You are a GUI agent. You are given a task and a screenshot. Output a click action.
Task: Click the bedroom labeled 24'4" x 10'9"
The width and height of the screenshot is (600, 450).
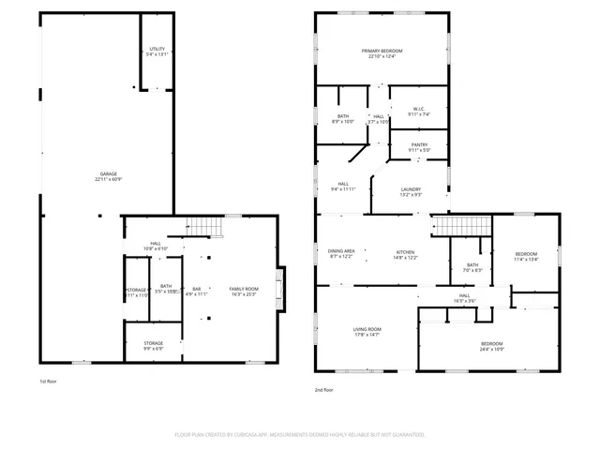click(492, 346)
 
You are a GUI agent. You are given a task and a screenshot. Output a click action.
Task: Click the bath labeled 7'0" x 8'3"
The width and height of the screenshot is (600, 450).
click(472, 268)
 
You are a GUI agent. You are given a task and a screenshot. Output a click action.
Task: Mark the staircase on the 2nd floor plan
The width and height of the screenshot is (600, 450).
click(460, 225)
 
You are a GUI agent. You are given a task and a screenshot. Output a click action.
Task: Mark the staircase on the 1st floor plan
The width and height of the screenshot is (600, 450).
click(205, 226)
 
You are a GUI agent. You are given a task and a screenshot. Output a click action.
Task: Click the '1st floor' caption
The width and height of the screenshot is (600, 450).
click(49, 382)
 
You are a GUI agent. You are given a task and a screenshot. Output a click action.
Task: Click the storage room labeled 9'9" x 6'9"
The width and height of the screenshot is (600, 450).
click(153, 346)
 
